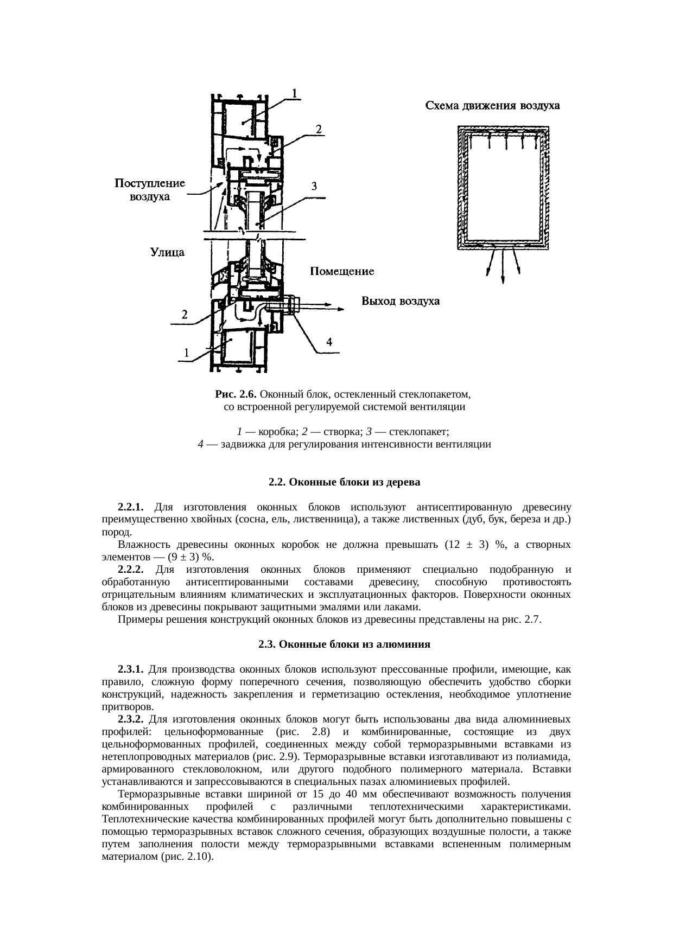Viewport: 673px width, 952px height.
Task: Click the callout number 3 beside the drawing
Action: [x=314, y=186]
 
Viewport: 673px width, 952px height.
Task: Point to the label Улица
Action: [x=167, y=252]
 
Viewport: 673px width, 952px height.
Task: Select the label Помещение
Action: [x=341, y=271]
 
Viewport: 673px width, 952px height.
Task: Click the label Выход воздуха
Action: [x=401, y=301]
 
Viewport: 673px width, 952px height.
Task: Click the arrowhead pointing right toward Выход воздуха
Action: [x=340, y=309]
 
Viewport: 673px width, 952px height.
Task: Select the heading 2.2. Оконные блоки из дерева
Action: [x=345, y=482]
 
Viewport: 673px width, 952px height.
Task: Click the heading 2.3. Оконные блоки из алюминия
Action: [x=345, y=644]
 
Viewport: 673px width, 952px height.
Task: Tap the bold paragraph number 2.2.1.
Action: [x=130, y=507]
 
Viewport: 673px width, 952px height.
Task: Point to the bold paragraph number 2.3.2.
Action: [x=130, y=719]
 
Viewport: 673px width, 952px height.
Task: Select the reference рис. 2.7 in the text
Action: [x=522, y=619]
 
